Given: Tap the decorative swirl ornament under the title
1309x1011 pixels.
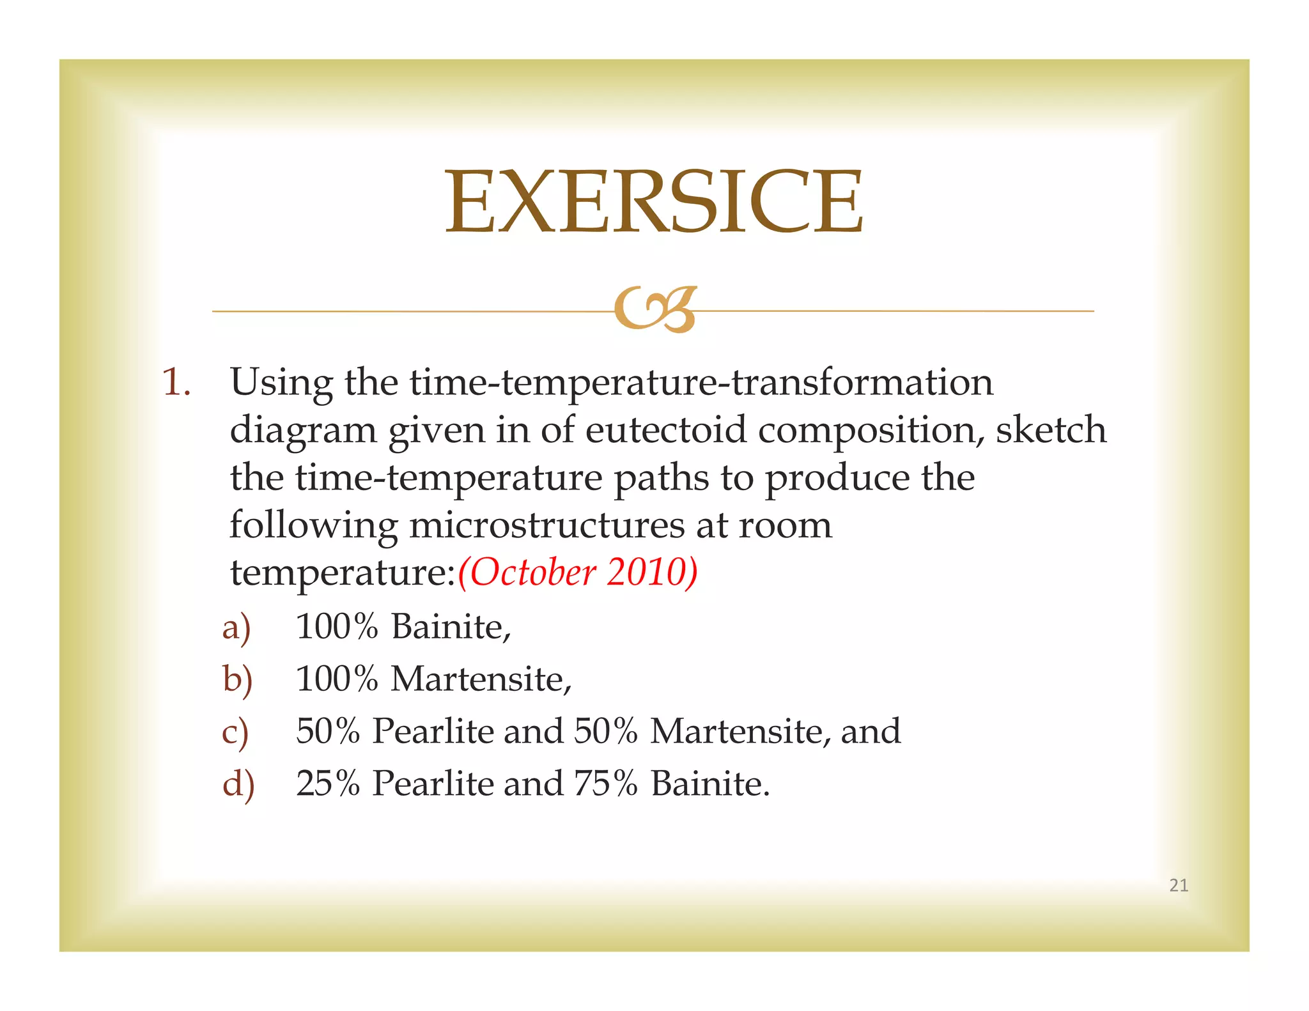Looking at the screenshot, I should pos(654,309).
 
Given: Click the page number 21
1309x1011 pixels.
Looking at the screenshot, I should pos(1178,885).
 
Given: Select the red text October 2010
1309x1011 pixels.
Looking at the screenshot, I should pos(578,571).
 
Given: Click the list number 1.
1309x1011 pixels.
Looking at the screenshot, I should pos(176,383).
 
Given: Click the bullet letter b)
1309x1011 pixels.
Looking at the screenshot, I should pos(237,679).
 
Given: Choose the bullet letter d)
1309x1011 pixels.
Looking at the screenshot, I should pos(238,784).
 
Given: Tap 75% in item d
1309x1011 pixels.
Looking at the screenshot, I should pos(605,783).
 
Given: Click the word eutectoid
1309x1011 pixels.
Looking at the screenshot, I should pos(665,429).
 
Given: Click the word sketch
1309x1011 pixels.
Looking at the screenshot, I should pos(1051,429).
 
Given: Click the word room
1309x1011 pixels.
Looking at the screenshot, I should pos(785,525).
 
